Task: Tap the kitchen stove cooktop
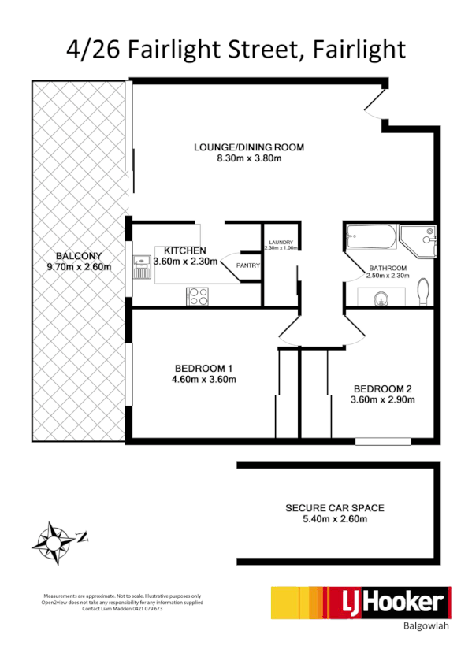click(197, 296)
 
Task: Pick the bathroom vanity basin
click(381, 298)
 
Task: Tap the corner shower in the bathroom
click(418, 238)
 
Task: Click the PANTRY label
click(248, 265)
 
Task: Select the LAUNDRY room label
click(281, 243)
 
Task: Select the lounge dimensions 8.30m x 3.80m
click(249, 158)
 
